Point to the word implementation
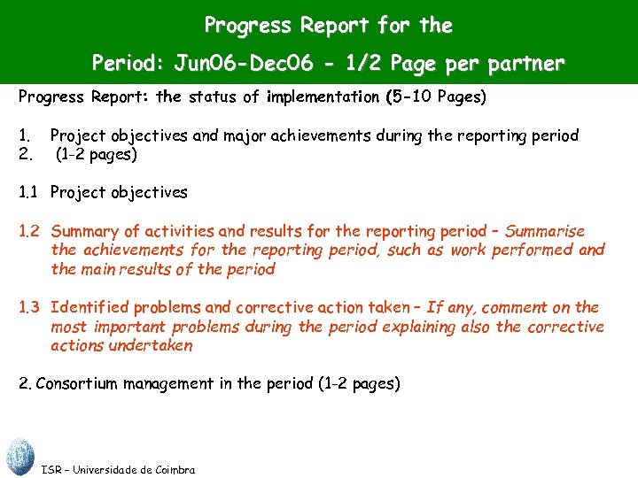tap(325, 97)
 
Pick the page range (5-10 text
tap(408, 97)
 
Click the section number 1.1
tap(29, 192)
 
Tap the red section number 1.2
tap(29, 231)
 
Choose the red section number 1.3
tap(29, 308)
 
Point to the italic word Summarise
tap(542, 231)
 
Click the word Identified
tap(89, 308)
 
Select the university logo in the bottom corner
tap(19, 457)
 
